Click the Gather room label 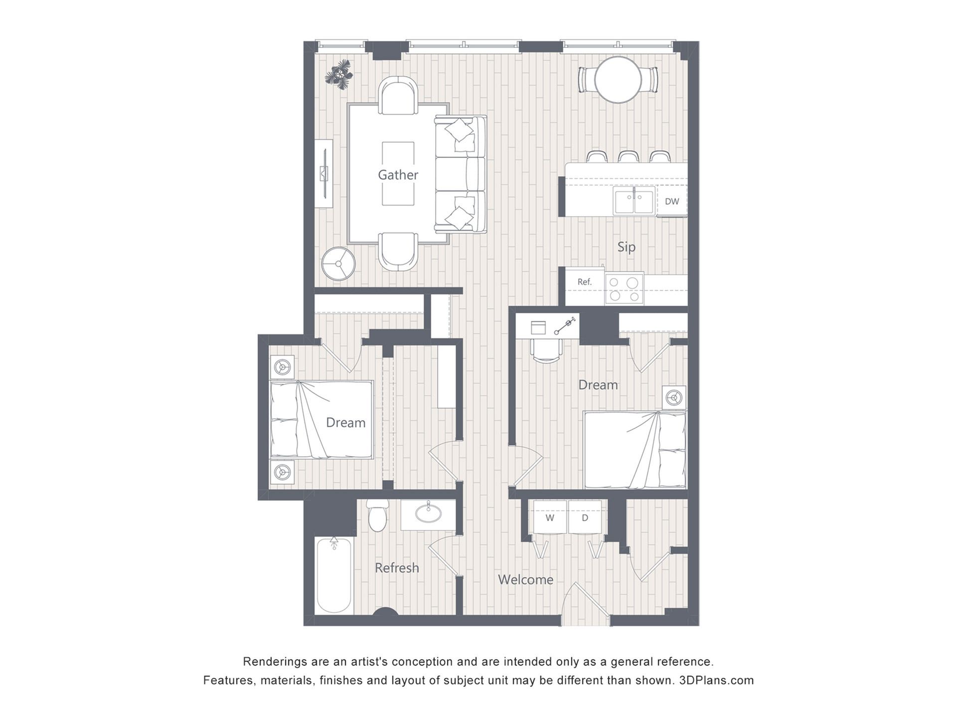[x=398, y=175]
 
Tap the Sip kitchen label [x=627, y=247]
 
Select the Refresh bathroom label [x=397, y=568]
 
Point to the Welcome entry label [x=525, y=580]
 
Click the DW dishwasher [x=672, y=201]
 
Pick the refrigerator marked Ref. [x=585, y=286]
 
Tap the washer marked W [x=550, y=517]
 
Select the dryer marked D [x=585, y=517]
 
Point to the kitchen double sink [x=634, y=201]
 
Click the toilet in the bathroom [x=377, y=515]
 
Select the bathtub [x=334, y=575]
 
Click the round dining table [x=618, y=80]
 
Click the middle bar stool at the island [x=628, y=156]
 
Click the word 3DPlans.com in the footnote [x=716, y=680]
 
